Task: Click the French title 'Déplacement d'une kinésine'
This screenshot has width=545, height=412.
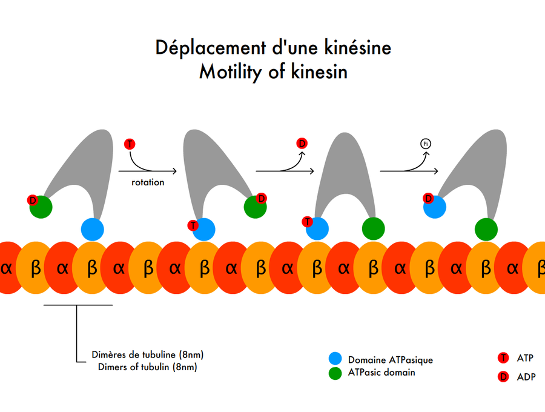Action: click(273, 47)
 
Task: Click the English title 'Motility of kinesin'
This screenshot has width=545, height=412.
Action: click(273, 72)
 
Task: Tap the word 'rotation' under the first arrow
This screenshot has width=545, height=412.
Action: click(148, 182)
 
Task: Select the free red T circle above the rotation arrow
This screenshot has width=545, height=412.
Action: click(130, 144)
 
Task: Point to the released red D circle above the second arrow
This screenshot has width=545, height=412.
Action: click(302, 144)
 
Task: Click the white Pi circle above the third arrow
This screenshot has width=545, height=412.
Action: click(426, 144)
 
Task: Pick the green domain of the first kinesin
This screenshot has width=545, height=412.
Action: click(41, 208)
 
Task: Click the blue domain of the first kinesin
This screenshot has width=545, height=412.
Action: click(93, 229)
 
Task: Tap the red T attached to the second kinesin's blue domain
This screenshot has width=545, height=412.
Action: click(193, 225)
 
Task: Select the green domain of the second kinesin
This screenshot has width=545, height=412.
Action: click(255, 207)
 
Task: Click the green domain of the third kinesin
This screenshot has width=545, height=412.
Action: click(373, 229)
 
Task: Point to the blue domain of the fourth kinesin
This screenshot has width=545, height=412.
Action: click(435, 207)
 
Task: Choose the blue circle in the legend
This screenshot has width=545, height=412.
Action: click(335, 359)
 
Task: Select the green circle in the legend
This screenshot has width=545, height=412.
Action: click(335, 373)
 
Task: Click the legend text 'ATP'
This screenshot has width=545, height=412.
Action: click(525, 359)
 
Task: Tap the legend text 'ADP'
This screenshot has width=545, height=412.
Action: click(526, 377)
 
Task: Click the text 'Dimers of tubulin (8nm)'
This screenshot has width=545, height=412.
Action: click(147, 367)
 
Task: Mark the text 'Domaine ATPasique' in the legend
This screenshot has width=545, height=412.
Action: click(390, 360)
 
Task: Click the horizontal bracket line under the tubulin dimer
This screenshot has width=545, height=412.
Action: click(78, 305)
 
